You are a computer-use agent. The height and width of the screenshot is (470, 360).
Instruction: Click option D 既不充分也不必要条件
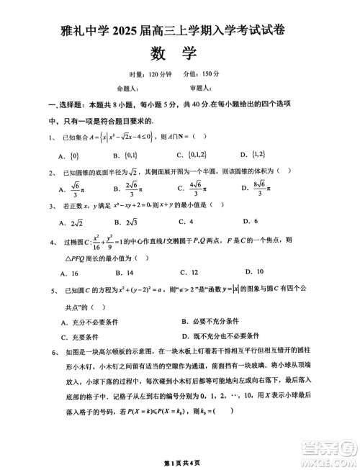pyautogui.click(x=222, y=336)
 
